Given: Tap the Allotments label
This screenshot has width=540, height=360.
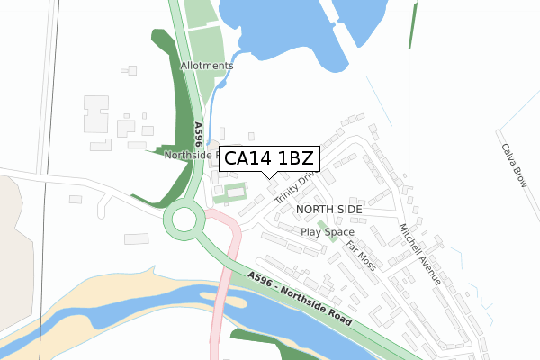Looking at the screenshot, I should click(x=206, y=66).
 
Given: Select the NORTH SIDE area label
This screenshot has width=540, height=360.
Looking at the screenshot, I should click(x=328, y=209).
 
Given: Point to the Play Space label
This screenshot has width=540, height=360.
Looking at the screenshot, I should click(x=327, y=231).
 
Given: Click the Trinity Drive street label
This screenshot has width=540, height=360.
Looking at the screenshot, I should click(x=296, y=187).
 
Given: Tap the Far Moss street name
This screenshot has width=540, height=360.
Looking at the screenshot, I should click(x=361, y=255).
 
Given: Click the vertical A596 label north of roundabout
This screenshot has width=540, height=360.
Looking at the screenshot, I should click(x=196, y=136).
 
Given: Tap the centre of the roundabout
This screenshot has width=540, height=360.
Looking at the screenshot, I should click(x=184, y=219).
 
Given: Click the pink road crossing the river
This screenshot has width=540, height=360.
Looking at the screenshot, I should click(x=218, y=306).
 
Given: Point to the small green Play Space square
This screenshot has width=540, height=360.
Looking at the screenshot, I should click(x=322, y=222).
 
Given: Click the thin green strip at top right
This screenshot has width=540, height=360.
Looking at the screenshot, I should click(x=414, y=25).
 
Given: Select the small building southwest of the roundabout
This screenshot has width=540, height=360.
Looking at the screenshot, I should click(x=136, y=238).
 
